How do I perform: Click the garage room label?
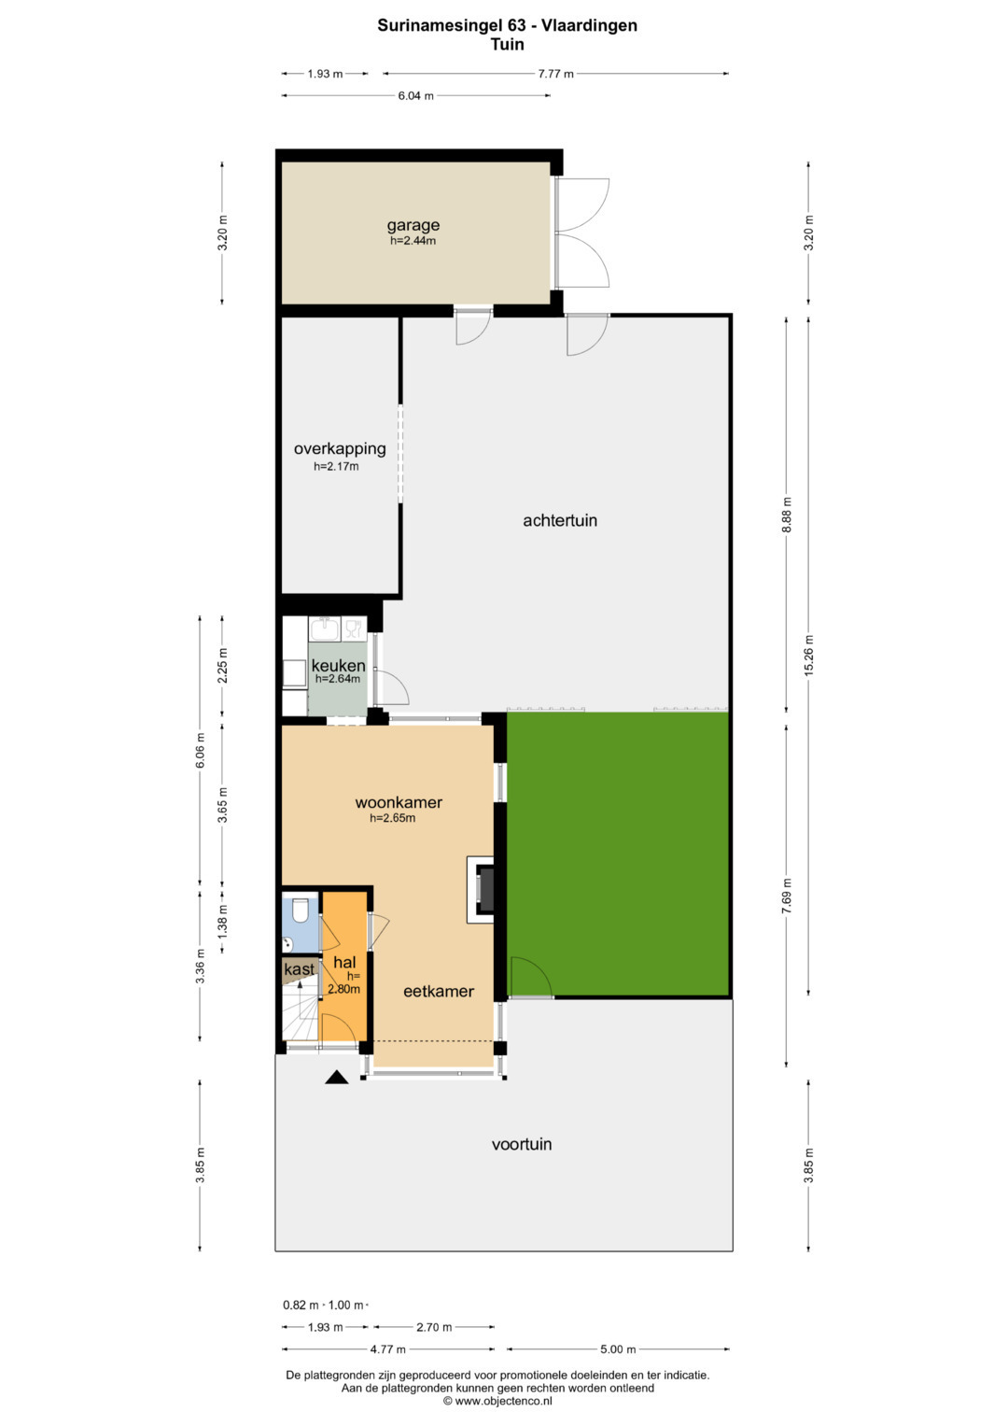coord(413,225)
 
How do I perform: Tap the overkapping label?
coord(340,449)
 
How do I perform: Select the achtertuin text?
coord(560,520)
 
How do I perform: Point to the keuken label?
coord(338,666)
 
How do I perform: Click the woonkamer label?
coord(399,802)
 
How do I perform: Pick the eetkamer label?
coord(439,991)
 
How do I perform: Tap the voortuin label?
coord(522,1144)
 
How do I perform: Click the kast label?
coord(299,969)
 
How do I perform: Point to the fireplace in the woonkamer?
coord(482,889)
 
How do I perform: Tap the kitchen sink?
coord(325,629)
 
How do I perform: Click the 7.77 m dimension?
coord(555,74)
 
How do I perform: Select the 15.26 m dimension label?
coord(809,656)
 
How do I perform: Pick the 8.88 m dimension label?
coord(787,515)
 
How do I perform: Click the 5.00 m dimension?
coord(618,1349)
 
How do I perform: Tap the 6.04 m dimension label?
coord(415,96)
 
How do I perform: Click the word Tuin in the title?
coord(507,44)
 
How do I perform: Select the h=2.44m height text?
coord(413,241)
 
